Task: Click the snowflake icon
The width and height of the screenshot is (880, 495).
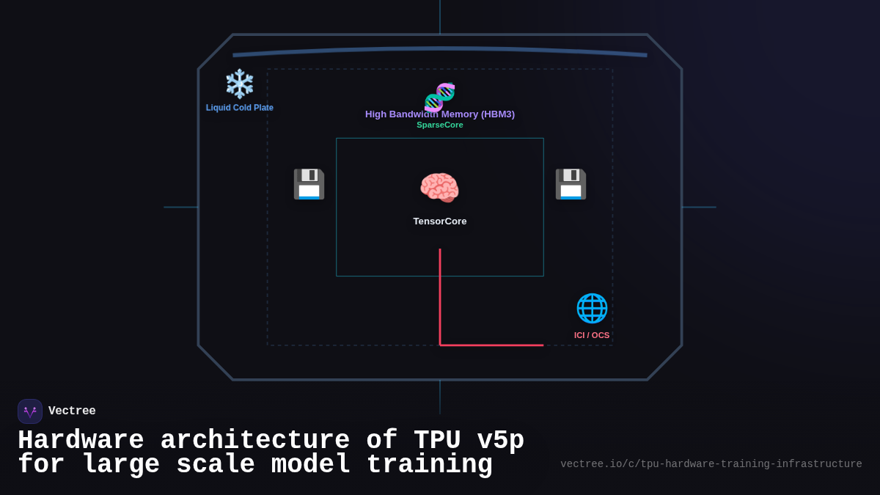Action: tap(239, 84)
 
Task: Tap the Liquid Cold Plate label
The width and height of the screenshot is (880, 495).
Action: tap(239, 108)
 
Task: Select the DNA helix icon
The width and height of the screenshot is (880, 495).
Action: tap(440, 97)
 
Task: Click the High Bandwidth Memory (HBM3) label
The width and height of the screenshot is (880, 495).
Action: tap(440, 114)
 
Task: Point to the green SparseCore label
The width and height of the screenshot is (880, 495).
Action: tap(440, 125)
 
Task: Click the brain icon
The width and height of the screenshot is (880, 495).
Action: tap(439, 188)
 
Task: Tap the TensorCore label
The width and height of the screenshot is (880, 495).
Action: tap(439, 221)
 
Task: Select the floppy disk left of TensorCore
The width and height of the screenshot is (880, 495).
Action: tap(309, 184)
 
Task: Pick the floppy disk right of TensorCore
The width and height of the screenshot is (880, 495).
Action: tap(571, 184)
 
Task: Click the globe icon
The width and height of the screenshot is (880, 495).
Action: tap(592, 308)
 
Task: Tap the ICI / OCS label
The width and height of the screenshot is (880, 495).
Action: tap(592, 335)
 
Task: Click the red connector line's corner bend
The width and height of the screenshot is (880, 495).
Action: tap(440, 345)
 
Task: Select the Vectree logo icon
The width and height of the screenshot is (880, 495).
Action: tap(30, 411)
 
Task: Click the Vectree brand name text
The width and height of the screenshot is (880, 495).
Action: tap(72, 411)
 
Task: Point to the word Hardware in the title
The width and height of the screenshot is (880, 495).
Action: tap(81, 441)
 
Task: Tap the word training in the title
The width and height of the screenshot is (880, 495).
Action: tap(429, 465)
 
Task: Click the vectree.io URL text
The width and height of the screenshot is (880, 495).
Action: tap(711, 464)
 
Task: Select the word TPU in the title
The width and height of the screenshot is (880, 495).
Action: tap(437, 441)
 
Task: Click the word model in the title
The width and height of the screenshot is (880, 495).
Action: tap(311, 465)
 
